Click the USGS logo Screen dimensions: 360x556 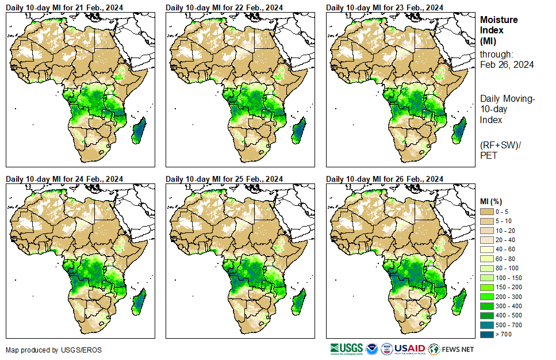pyautogui.click(x=347, y=349)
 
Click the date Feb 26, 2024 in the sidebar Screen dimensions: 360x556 pyautogui.click(x=507, y=64)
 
